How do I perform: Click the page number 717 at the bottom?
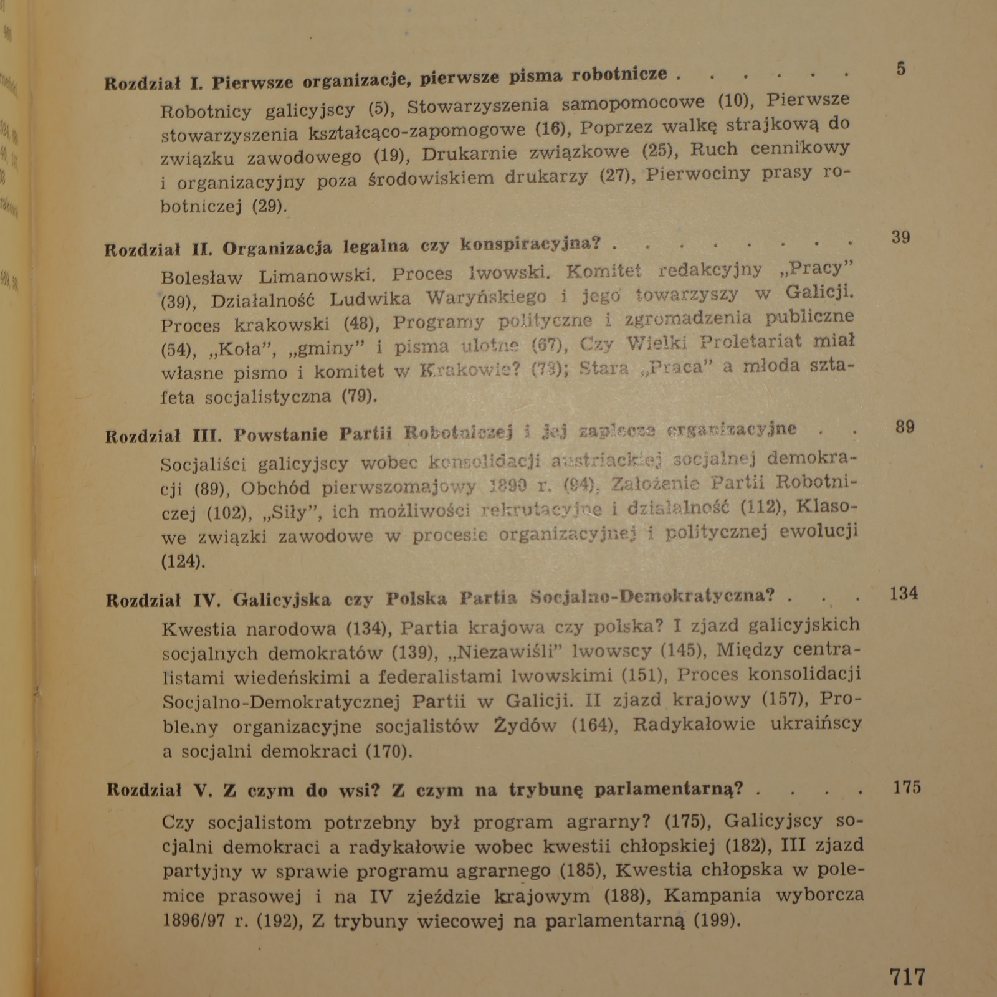click(x=907, y=976)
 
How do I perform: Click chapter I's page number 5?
click(x=901, y=69)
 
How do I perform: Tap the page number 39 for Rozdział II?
click(x=900, y=237)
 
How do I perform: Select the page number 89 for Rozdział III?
click(x=904, y=427)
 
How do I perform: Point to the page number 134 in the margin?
click(x=904, y=594)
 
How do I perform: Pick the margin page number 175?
click(x=907, y=788)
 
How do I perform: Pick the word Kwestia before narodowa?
click(x=199, y=629)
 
